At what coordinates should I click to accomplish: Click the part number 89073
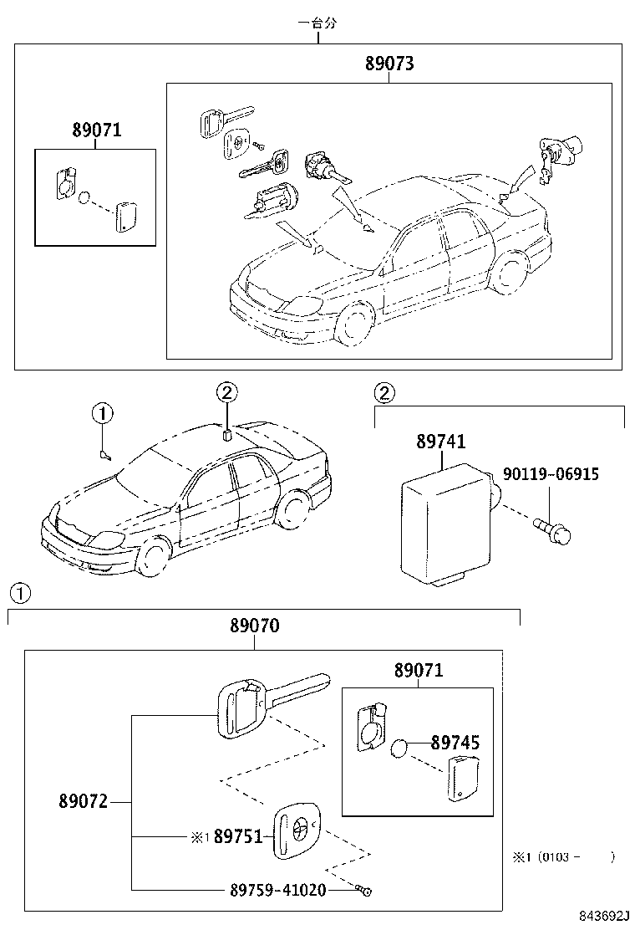[x=389, y=64]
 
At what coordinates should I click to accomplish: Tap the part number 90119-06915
[x=550, y=475]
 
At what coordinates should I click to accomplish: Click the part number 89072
[x=83, y=801]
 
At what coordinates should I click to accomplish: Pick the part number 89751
[x=238, y=836]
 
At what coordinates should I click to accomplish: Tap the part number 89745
[x=455, y=742]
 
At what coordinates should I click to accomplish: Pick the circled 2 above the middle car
[x=227, y=391]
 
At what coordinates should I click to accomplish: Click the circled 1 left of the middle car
[x=101, y=412]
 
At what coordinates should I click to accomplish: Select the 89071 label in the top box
[x=96, y=130]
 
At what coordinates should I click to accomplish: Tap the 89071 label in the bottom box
[x=419, y=670]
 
